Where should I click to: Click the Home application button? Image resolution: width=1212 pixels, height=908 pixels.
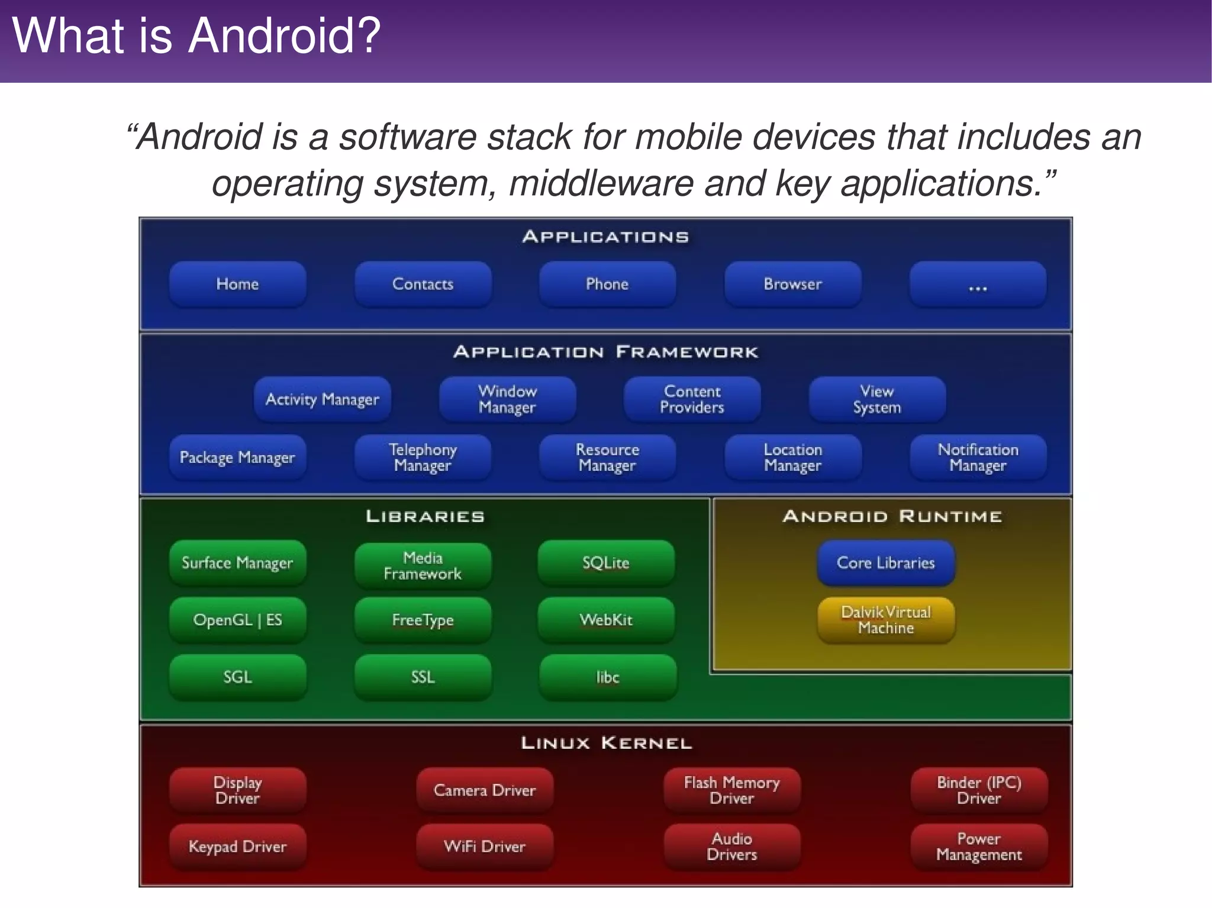pos(237,284)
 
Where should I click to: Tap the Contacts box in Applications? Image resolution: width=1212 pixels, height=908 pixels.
pos(423,284)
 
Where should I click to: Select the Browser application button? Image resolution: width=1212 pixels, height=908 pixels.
pos(792,284)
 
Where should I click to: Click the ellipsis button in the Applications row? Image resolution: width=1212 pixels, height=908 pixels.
pos(978,285)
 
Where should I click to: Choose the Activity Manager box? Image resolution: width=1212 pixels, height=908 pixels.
pos(322,399)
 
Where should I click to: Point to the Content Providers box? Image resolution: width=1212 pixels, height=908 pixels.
pos(692,399)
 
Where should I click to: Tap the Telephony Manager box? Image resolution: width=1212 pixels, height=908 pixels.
pos(423,457)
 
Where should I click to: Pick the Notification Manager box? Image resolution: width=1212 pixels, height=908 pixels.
pos(978,457)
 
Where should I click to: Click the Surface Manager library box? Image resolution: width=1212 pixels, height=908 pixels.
pos(237,563)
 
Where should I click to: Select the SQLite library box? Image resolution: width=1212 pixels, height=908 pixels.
pos(606,563)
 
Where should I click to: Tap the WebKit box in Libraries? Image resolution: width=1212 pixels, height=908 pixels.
pos(606,620)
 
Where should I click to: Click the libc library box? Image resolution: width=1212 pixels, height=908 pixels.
pos(608,677)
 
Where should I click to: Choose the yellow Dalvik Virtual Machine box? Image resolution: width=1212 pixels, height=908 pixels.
pos(886,620)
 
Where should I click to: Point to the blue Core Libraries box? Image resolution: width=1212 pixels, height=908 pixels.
pos(886,563)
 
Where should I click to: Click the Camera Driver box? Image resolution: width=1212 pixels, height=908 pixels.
pos(485,790)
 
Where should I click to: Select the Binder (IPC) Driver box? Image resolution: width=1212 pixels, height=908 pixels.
pos(979,790)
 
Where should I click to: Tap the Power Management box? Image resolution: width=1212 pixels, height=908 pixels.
pos(979,846)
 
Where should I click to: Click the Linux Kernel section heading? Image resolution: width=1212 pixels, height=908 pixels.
pos(606,743)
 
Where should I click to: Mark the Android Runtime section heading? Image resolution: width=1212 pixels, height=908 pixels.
pos(892,516)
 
